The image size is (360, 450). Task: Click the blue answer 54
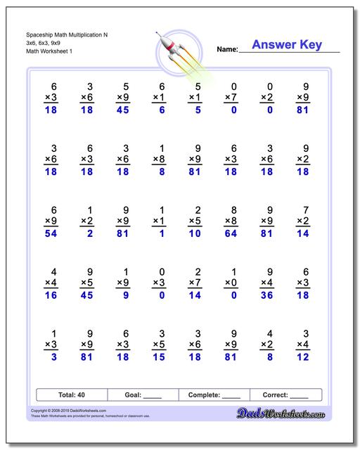pos(49,233)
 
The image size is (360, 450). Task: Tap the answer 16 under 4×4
pos(49,296)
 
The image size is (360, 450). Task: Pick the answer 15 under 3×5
pos(159,358)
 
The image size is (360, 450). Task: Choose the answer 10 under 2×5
pos(195,233)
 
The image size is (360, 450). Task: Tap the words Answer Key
pos(287,45)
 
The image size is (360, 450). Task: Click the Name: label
pos(227,50)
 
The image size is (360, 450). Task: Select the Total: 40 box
pos(71,394)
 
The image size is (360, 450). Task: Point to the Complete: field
pos(214,394)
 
